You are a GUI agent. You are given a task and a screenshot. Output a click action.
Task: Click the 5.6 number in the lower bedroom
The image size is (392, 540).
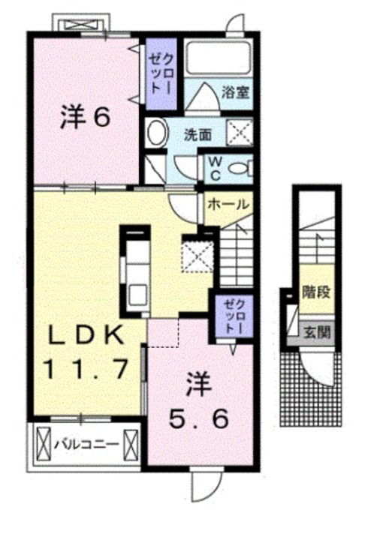198,420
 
